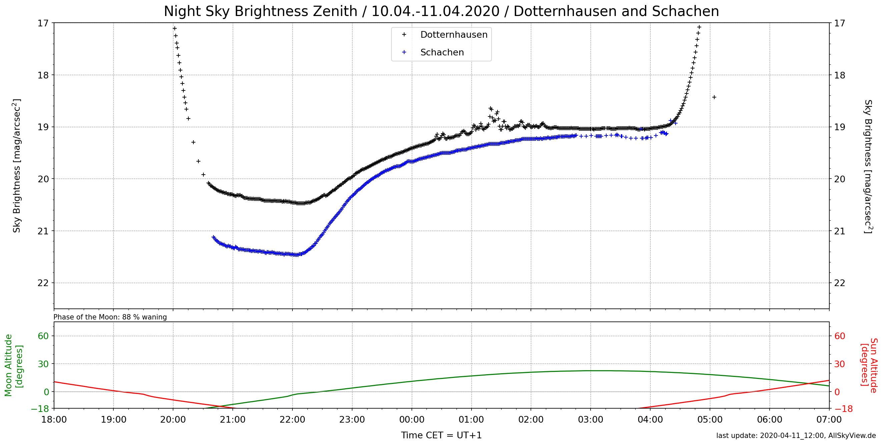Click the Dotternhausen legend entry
point(453,35)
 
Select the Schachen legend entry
point(441,52)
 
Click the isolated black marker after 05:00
point(714,97)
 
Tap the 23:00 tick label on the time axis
point(352,420)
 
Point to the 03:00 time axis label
point(590,420)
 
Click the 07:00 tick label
point(829,420)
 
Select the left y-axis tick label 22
point(43,283)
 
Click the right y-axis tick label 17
point(839,23)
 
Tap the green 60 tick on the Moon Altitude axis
point(43,336)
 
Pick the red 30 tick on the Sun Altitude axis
point(839,364)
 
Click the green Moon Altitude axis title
point(14,365)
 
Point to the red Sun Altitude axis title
point(869,365)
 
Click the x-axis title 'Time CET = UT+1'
point(441,435)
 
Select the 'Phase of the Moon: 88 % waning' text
point(110,317)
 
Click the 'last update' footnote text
point(796,436)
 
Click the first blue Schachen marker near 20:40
point(213,237)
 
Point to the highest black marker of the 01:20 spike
point(490,108)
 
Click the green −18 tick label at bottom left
point(40,409)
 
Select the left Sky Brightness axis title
point(16,166)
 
